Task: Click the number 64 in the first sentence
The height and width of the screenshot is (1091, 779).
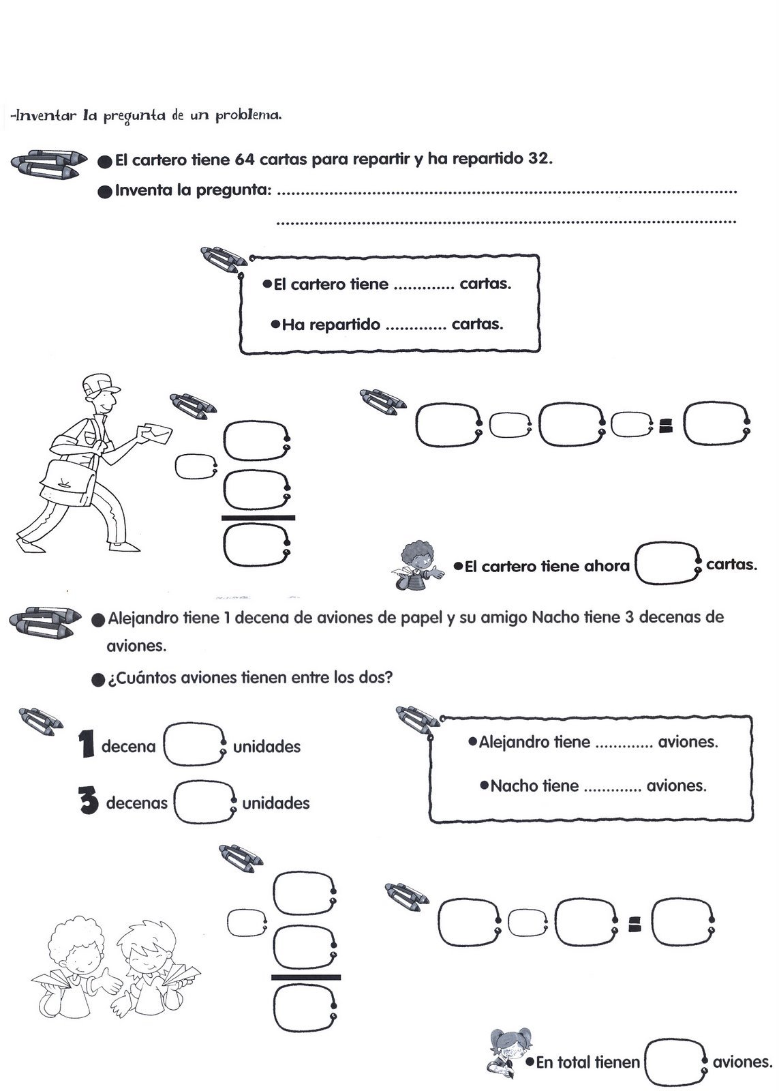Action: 244,160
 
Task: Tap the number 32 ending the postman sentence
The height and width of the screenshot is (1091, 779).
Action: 538,160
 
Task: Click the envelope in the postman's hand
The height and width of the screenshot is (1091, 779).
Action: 155,432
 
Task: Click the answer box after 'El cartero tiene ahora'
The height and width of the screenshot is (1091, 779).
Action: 667,564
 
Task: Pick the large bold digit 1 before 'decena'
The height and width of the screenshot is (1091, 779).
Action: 86,745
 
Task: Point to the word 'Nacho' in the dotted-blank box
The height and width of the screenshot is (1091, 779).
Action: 515,786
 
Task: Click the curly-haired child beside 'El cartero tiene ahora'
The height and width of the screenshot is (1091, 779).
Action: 418,563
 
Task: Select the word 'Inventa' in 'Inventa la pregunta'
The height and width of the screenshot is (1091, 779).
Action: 143,190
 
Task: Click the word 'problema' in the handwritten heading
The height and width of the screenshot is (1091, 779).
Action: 248,115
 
